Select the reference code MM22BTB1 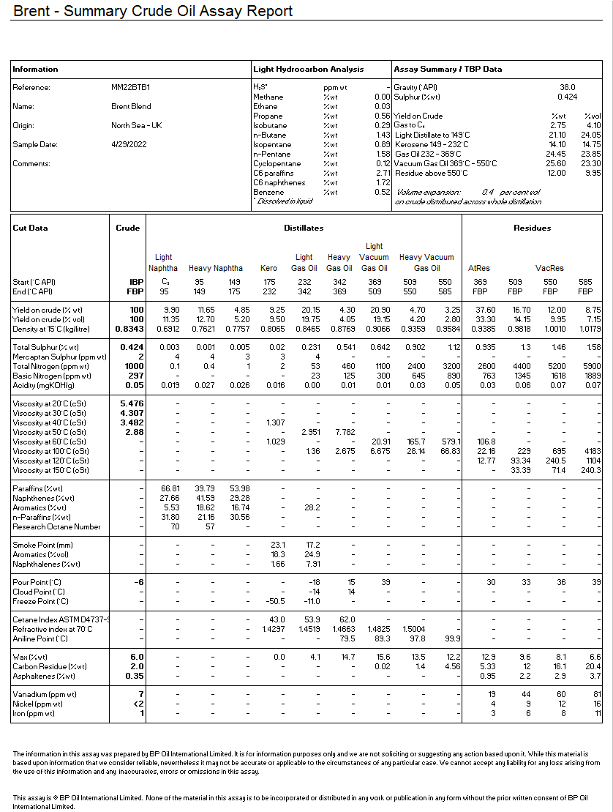tap(131, 88)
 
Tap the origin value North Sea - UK tap(137, 126)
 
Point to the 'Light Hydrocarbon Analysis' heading tap(308, 70)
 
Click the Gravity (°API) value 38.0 tap(568, 88)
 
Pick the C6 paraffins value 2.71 tap(382, 174)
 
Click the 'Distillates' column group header tap(304, 228)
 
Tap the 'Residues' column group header tap(532, 228)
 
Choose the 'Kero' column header tap(269, 269)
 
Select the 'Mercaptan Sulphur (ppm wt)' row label tap(59, 357)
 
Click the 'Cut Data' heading tap(30, 228)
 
